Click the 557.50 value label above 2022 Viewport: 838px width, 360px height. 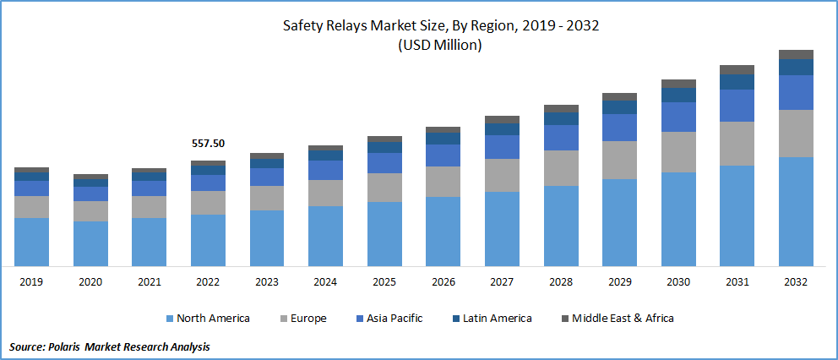(x=208, y=144)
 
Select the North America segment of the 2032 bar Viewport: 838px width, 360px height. (x=796, y=211)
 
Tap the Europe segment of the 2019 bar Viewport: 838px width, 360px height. (x=32, y=207)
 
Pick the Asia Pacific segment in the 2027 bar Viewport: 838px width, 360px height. (x=502, y=147)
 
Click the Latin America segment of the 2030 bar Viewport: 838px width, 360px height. (x=678, y=95)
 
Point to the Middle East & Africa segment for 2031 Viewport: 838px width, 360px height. (x=737, y=69)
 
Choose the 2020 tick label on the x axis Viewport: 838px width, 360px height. (x=90, y=281)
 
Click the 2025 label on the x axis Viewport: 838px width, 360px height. (x=384, y=281)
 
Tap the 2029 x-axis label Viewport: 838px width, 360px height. (x=619, y=281)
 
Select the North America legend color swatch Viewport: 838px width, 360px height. (x=170, y=319)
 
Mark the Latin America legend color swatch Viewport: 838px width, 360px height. (x=456, y=319)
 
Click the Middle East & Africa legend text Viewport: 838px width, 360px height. (x=622, y=319)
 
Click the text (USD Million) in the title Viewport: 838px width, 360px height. (x=439, y=46)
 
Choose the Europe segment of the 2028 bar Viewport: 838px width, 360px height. (x=561, y=168)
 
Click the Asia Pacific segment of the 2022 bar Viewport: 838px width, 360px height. (x=208, y=183)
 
